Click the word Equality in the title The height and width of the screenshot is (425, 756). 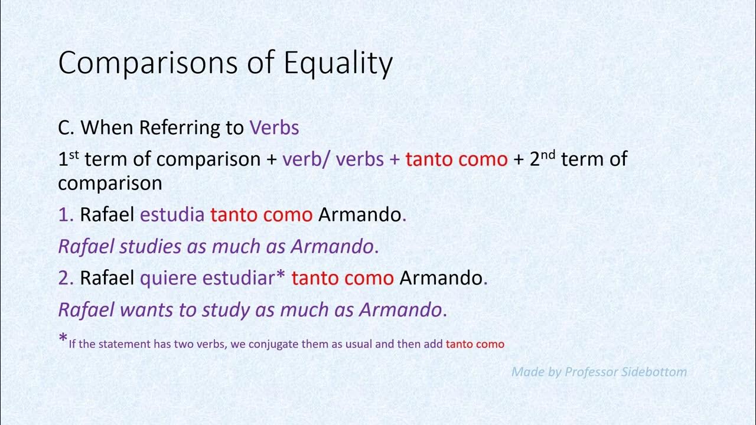(338, 63)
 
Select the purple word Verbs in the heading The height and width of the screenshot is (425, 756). (274, 127)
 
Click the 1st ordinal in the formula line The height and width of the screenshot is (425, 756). (68, 159)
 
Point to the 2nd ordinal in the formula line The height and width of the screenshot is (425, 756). (543, 159)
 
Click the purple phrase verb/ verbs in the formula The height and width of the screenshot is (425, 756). (333, 159)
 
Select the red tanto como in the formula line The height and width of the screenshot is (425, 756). (456, 159)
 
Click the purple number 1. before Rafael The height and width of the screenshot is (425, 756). (66, 215)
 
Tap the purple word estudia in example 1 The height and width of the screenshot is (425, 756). (172, 215)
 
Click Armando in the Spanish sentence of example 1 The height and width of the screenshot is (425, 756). (360, 215)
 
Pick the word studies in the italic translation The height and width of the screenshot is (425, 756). (150, 247)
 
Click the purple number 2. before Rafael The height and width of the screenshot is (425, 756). (66, 278)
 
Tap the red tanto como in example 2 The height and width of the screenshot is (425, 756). (342, 278)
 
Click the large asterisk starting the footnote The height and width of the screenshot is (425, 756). (63, 340)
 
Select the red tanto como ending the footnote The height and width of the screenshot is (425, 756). (475, 344)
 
